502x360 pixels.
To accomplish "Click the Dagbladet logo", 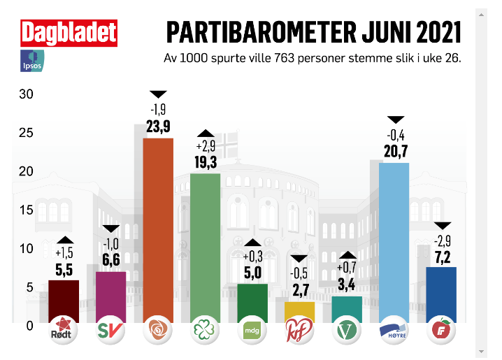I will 68,33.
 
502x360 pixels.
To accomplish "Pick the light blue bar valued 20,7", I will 394,242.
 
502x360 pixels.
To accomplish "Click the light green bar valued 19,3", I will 206,247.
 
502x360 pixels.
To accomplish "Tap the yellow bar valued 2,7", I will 299,311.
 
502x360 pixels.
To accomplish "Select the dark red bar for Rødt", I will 64,301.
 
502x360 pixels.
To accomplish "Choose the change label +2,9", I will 205,147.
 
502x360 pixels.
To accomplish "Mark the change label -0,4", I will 396,135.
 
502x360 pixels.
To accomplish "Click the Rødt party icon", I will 64,330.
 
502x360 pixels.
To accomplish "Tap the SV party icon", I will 110,330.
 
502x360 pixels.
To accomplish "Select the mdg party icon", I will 252,330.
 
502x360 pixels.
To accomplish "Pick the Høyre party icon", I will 394,330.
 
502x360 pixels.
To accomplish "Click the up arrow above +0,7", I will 347,254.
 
